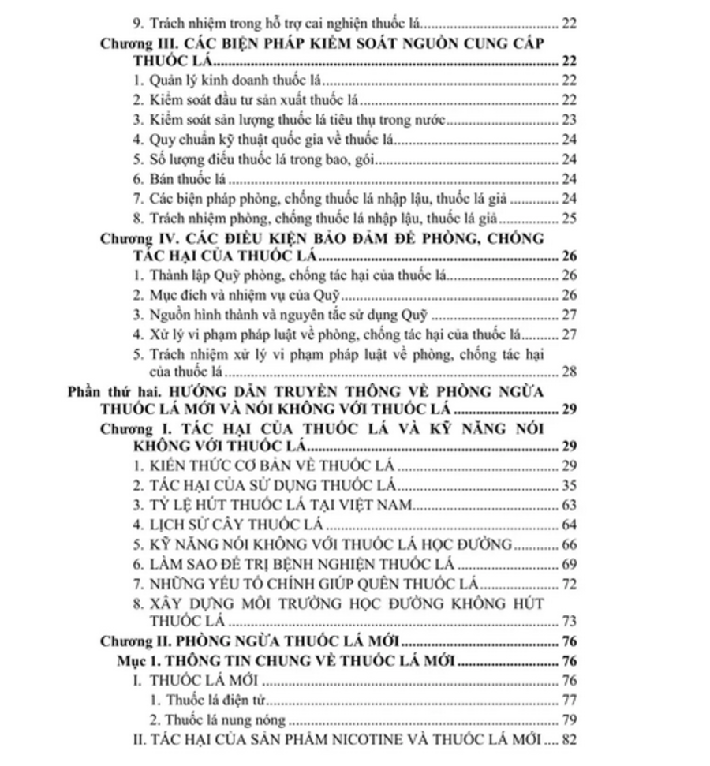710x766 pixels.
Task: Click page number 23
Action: pos(569,120)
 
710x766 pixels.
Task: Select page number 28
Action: pos(569,371)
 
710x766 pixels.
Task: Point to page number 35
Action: pos(569,484)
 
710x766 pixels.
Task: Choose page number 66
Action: pos(569,544)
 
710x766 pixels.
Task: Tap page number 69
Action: pos(569,564)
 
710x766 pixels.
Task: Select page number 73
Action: pos(569,622)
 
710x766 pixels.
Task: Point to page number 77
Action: pos(569,700)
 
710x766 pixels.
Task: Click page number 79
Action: pos(569,719)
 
